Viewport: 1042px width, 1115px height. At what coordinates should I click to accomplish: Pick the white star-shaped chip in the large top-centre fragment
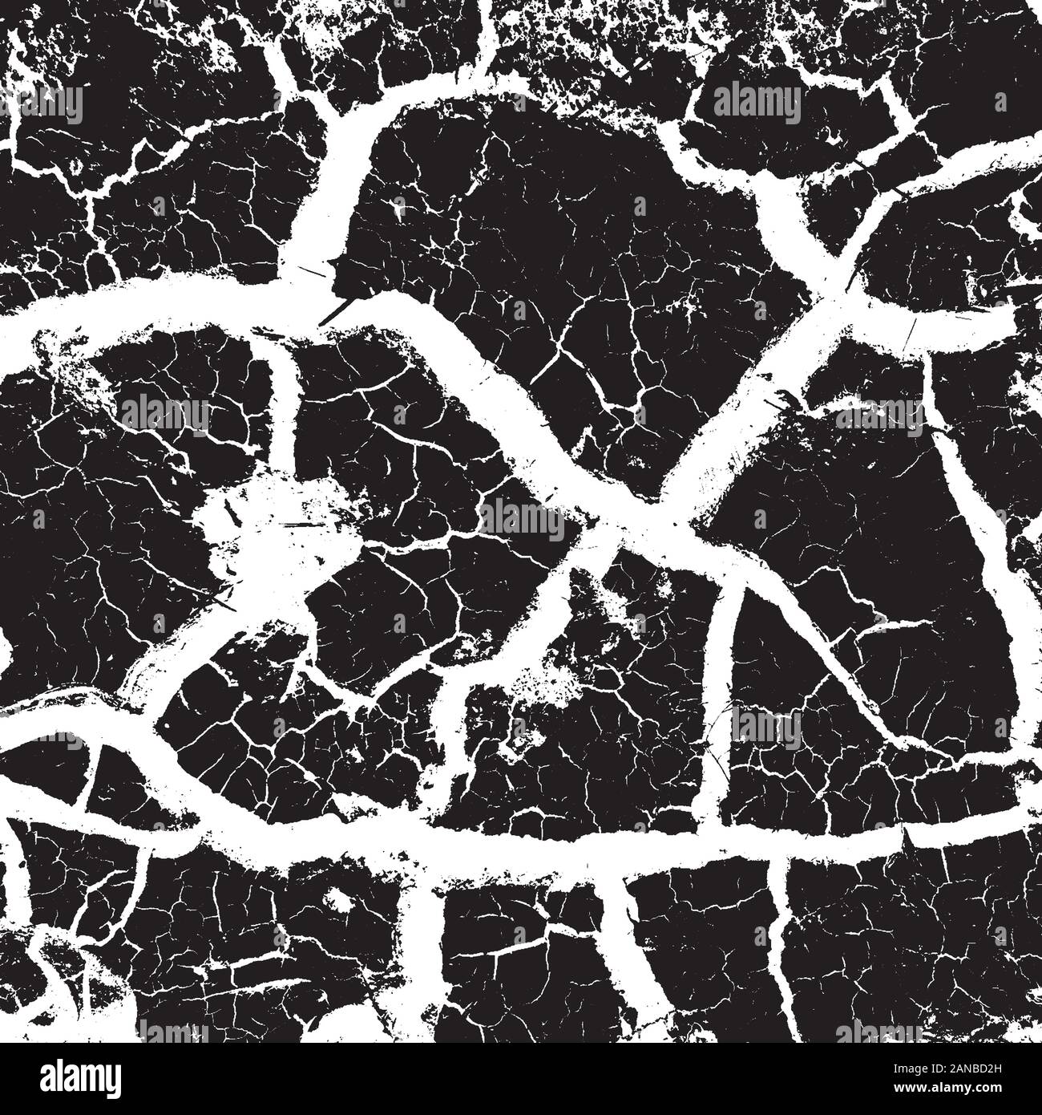398,210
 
